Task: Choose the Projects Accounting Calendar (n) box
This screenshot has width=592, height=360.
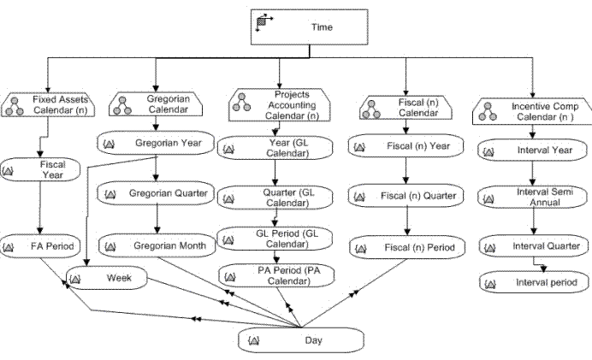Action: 280,104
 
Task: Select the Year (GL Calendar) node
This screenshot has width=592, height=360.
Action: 275,148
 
